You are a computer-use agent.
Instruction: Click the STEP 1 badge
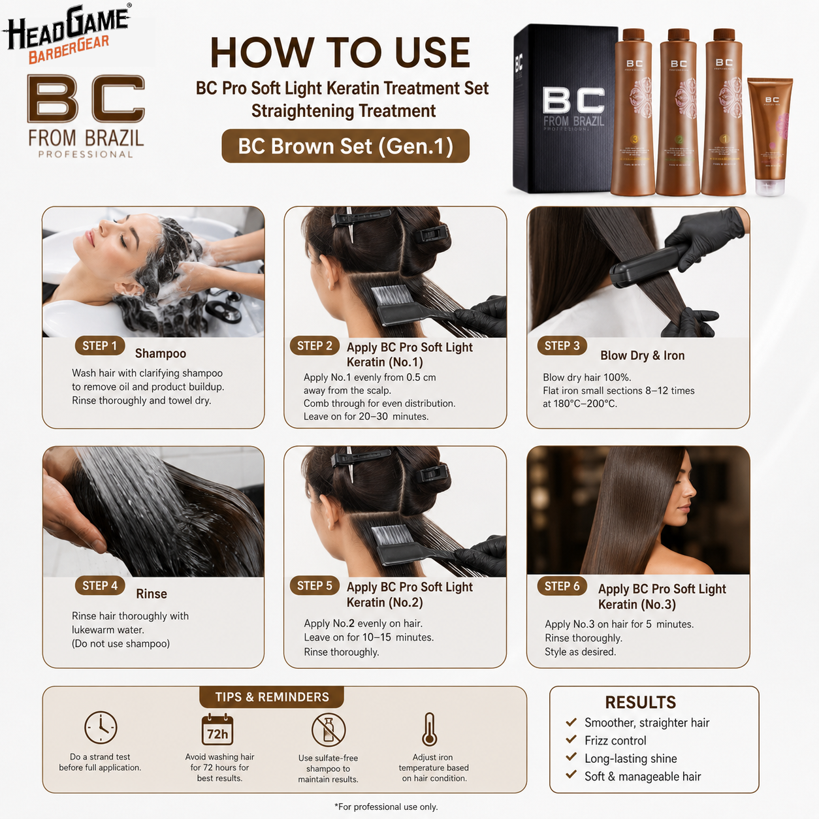[100, 346]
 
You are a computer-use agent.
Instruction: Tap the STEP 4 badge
[100, 586]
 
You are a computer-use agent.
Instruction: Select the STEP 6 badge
[562, 586]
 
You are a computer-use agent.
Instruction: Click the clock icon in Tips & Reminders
[101, 727]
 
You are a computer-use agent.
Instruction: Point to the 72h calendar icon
[217, 730]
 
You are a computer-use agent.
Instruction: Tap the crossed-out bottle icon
[328, 730]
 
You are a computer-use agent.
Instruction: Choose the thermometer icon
[429, 730]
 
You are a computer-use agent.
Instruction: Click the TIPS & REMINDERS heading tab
[272, 697]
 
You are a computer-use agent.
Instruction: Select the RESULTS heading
[640, 703]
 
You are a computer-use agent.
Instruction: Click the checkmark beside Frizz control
[571, 739]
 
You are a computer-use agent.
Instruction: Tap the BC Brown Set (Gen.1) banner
[345, 146]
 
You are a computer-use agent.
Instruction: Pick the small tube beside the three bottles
[770, 136]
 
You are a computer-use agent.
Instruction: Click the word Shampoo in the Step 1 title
[161, 353]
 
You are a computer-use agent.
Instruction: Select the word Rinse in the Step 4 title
[152, 594]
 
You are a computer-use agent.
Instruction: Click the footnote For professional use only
[387, 807]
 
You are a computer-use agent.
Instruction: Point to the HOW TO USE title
[340, 52]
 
